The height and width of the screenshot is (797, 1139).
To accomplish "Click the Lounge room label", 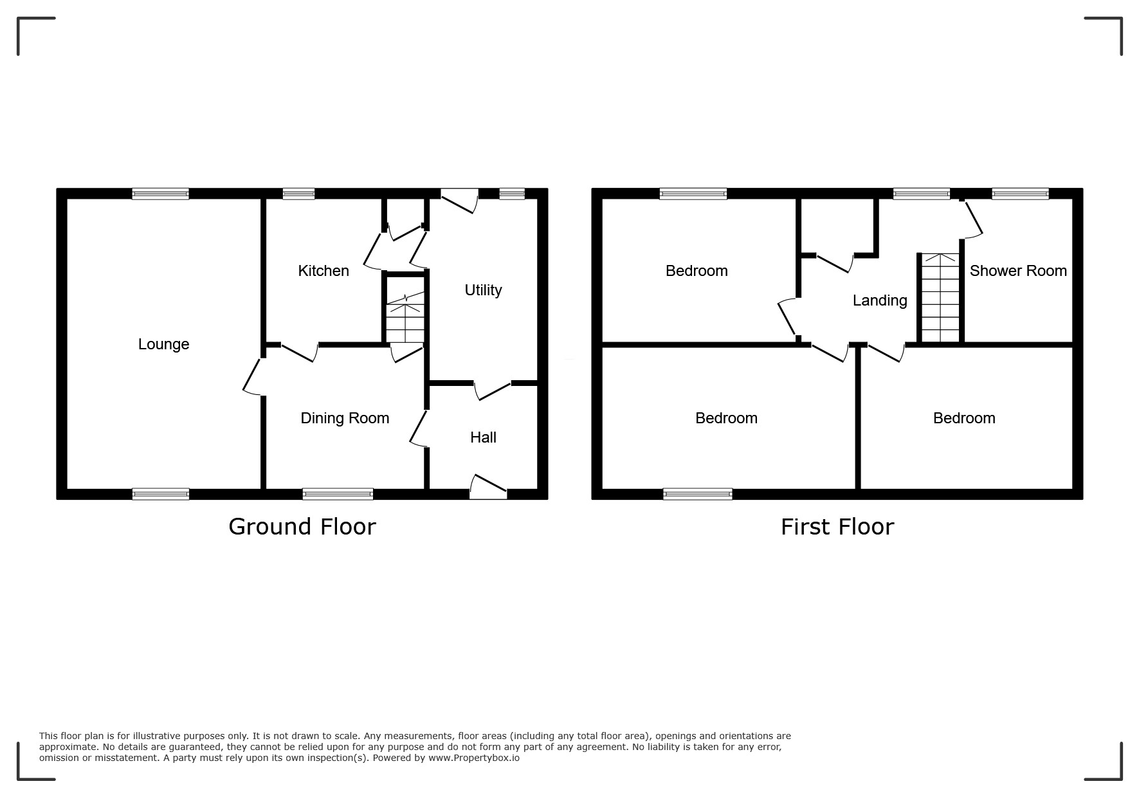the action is click(x=163, y=344).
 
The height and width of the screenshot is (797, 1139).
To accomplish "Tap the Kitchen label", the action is click(x=323, y=271).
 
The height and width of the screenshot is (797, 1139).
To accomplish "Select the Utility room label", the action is click(x=483, y=290).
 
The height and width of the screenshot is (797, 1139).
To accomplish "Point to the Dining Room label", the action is click(x=345, y=418).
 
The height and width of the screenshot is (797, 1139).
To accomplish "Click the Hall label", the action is click(x=483, y=437).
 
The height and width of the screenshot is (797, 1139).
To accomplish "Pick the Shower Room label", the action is click(x=1018, y=271).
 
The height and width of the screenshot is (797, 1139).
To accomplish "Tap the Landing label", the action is click(x=880, y=300).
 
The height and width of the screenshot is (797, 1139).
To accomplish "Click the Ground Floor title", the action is click(x=302, y=527).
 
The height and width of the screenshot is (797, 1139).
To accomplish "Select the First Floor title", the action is click(x=837, y=527).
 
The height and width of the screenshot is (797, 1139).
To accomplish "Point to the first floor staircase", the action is click(x=940, y=298).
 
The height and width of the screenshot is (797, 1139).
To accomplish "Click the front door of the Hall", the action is click(x=489, y=487).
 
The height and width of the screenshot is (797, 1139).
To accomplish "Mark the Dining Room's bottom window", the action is click(x=338, y=494).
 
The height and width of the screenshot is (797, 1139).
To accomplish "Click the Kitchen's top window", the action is click(x=299, y=194).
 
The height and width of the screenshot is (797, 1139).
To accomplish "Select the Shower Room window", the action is click(x=1020, y=194).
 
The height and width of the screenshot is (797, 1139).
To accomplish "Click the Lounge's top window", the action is click(x=161, y=194).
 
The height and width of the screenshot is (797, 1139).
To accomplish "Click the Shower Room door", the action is click(x=972, y=219).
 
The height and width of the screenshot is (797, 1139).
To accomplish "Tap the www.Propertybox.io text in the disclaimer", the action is click(x=474, y=758).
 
